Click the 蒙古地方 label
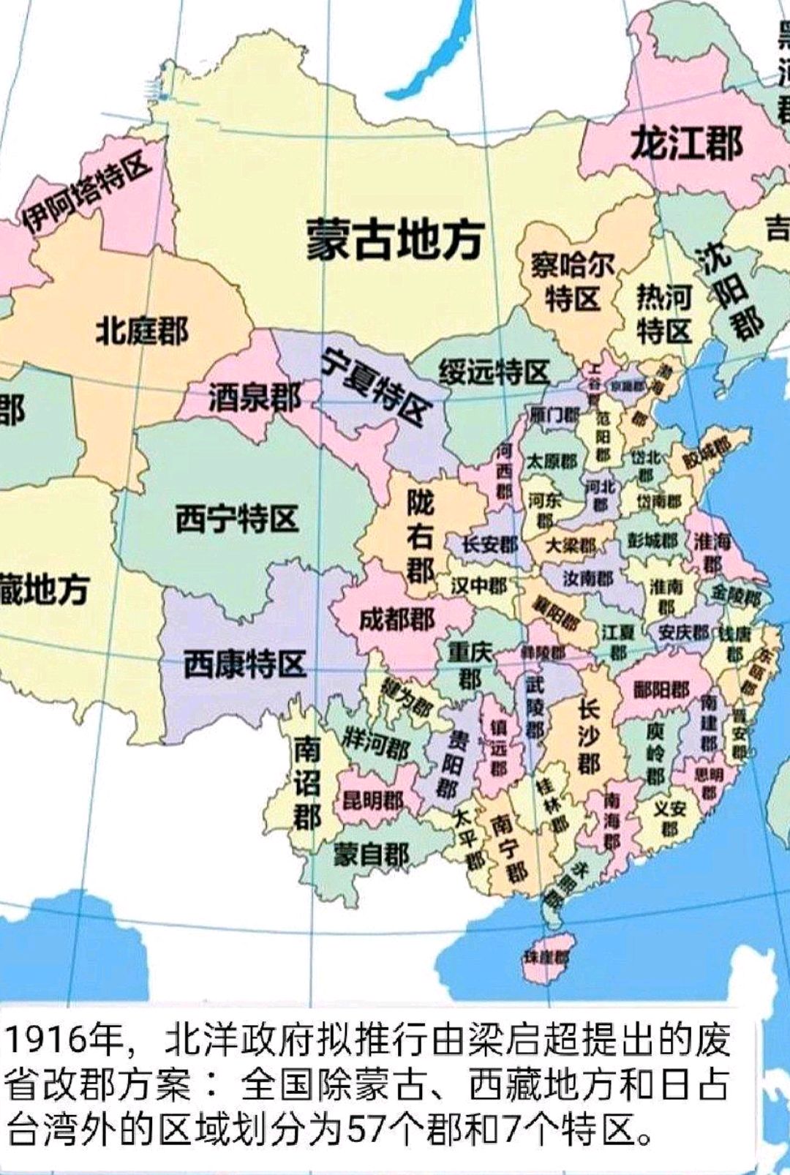pos(394,239)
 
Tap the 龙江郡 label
pos(686,142)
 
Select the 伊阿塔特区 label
pos(86,192)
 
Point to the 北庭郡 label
pos(142,331)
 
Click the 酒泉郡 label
pos(254,398)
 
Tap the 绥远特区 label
pos(494,372)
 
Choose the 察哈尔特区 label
pos(572,282)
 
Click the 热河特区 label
pos(663,314)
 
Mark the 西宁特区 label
pos(237,519)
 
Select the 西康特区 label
pos(244,664)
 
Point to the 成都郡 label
pos(396,620)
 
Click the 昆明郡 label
pos(373,800)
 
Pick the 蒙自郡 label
pos(371,854)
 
